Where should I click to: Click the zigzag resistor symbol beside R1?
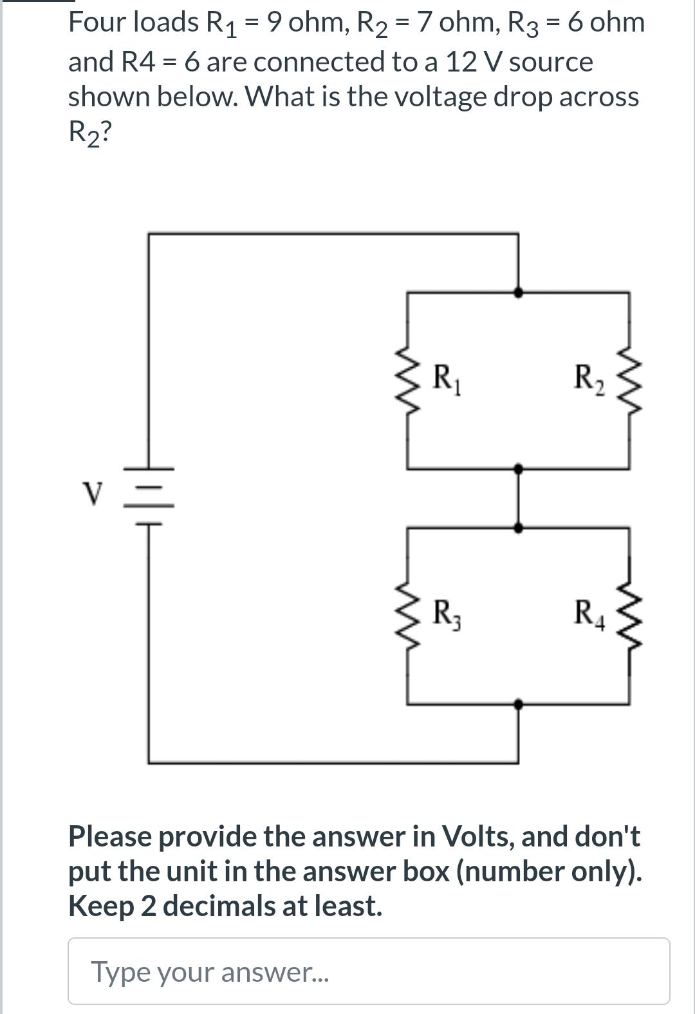pos(407,380)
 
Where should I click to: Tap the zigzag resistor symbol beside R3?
pos(407,615)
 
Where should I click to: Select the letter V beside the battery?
pos(93,494)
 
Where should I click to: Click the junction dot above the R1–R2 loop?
pos(518,292)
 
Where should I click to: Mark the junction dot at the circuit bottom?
pos(518,704)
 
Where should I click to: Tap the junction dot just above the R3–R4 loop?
pos(518,527)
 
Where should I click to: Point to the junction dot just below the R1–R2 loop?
pos(518,468)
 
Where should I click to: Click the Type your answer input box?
pos(369,971)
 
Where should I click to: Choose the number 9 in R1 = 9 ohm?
pos(274,22)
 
